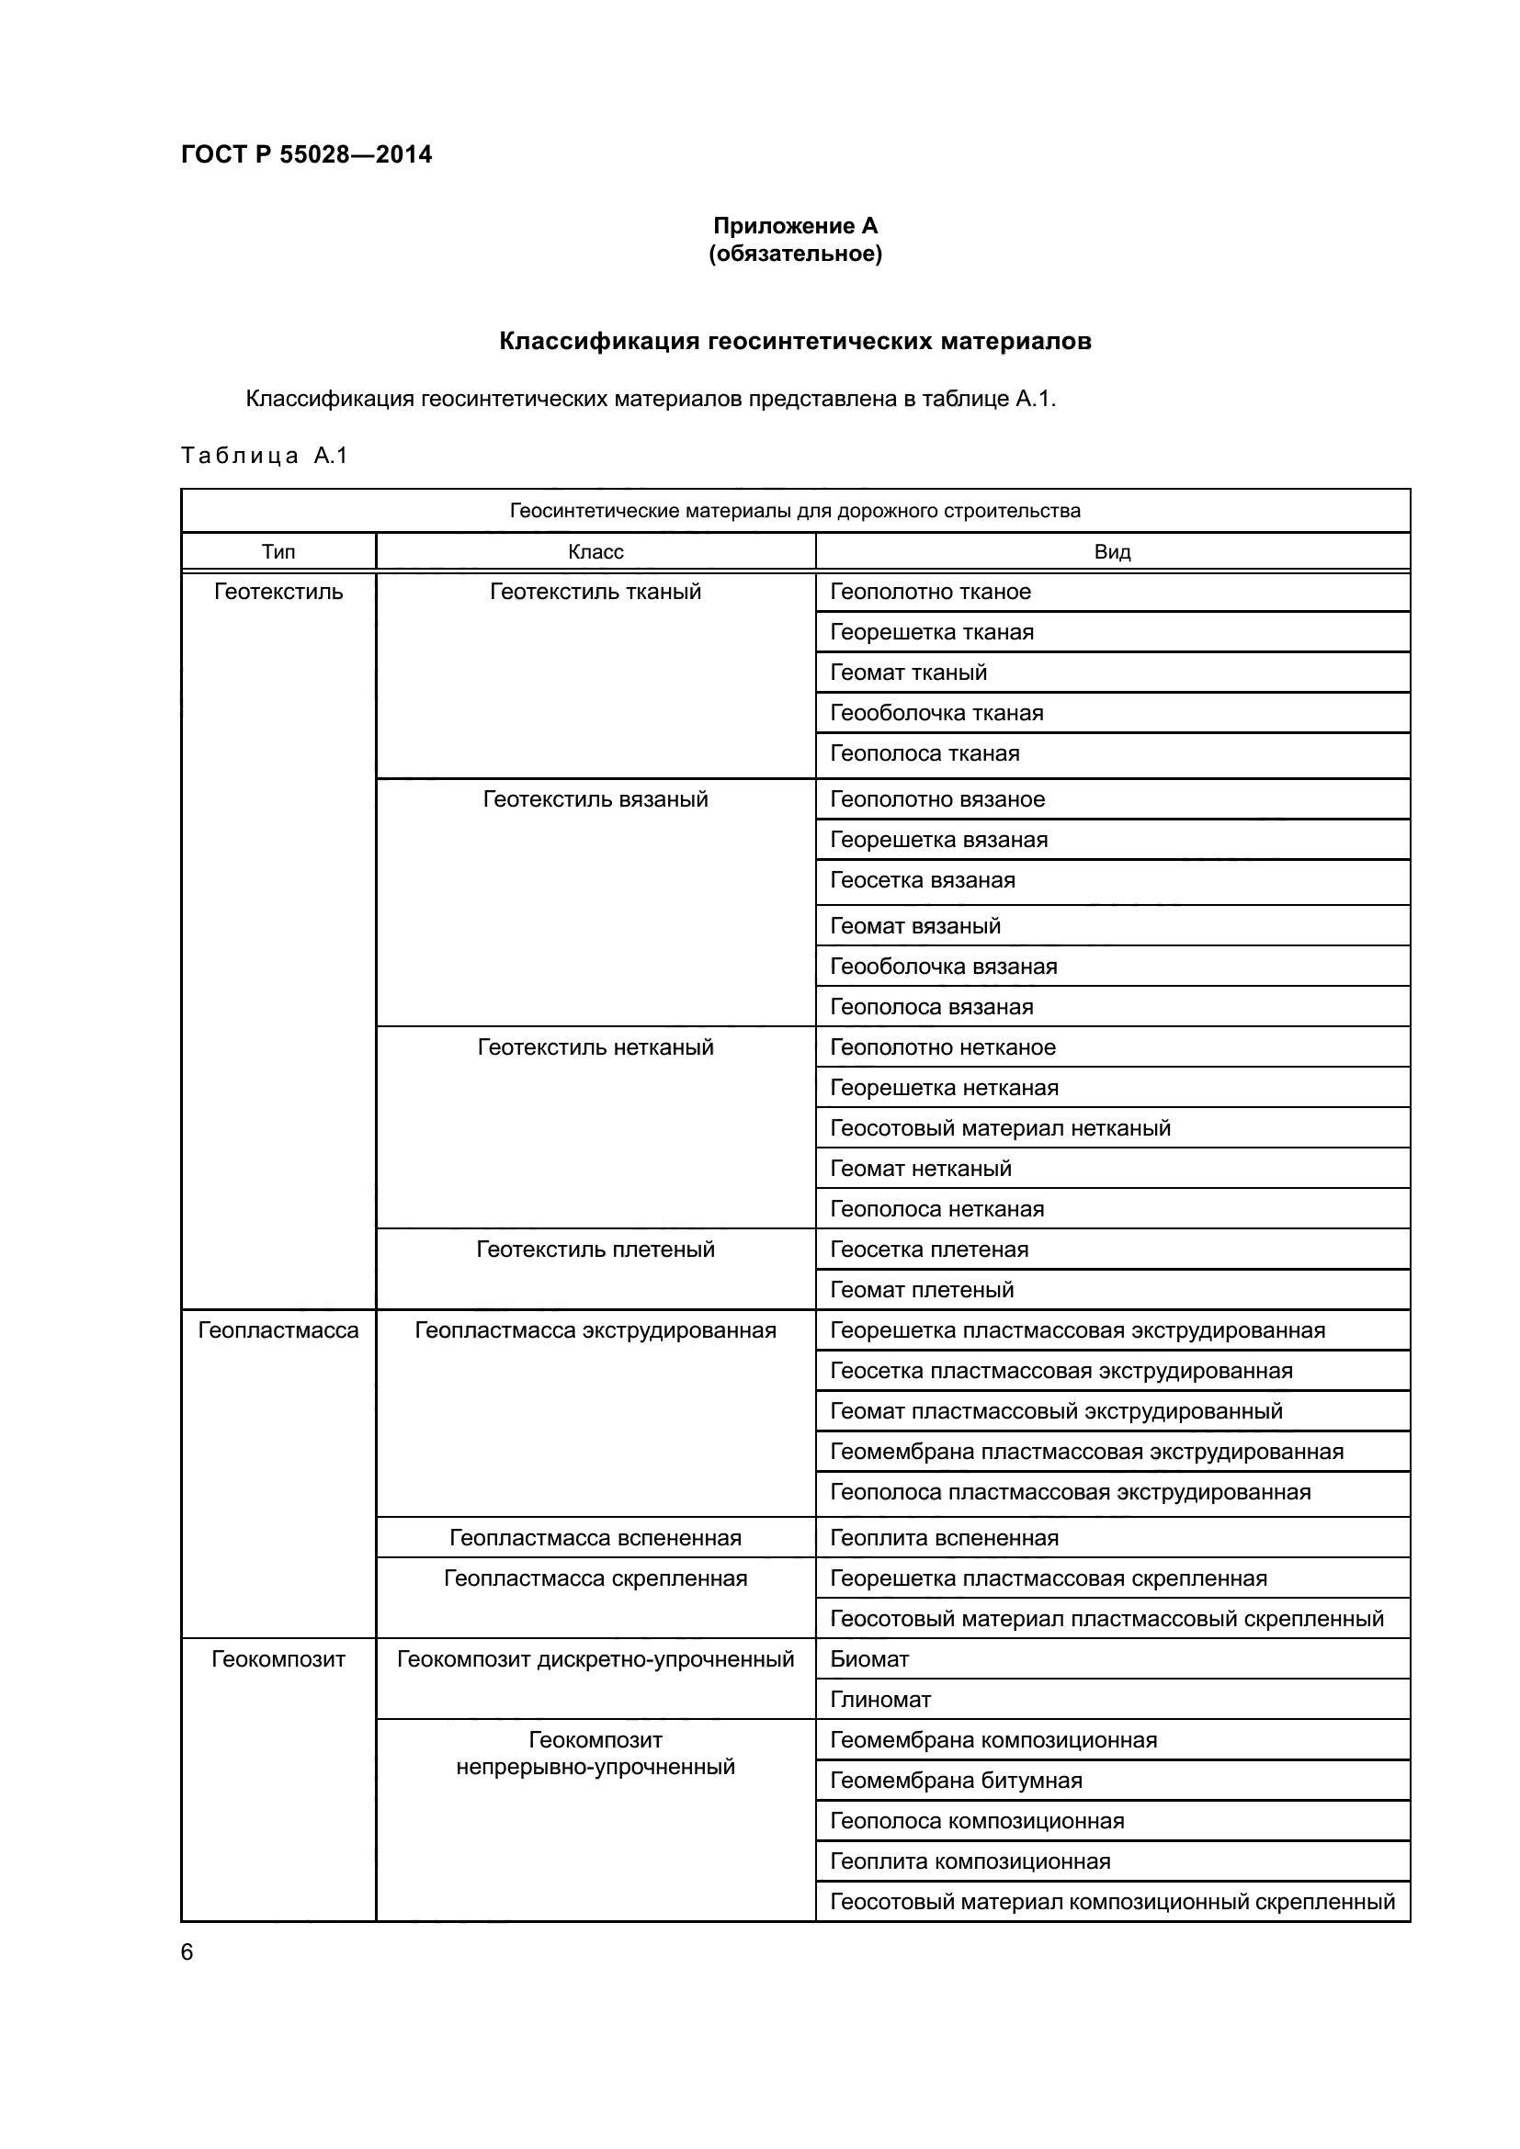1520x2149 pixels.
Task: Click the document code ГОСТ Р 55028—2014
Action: (306, 154)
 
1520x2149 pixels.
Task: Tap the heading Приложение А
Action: (795, 226)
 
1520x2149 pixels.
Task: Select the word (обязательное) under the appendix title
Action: (795, 254)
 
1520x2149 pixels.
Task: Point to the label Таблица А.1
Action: (264, 456)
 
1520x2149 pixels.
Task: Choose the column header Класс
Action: (596, 551)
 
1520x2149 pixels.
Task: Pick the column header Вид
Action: (1112, 551)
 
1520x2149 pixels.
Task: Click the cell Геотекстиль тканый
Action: (596, 592)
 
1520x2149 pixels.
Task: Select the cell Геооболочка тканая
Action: (936, 712)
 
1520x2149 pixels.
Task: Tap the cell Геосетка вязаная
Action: (922, 880)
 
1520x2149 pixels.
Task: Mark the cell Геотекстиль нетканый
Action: (596, 1046)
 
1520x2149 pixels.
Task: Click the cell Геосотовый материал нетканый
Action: (1000, 1128)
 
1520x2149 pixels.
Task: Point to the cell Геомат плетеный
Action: (922, 1289)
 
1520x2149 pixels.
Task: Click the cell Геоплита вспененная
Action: (944, 1538)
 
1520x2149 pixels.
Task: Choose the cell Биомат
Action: (869, 1658)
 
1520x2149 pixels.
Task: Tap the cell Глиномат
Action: (879, 1699)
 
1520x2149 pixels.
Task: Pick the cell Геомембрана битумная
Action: (956, 1781)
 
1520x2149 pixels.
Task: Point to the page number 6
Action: (187, 1951)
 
